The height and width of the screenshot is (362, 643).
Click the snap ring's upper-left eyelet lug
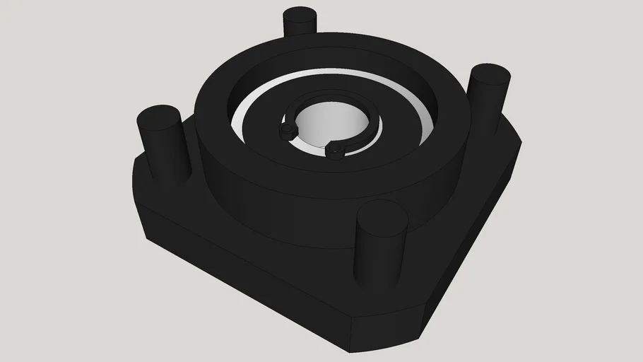click(x=287, y=131)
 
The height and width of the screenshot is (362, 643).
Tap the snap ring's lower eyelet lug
click(x=335, y=148)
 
